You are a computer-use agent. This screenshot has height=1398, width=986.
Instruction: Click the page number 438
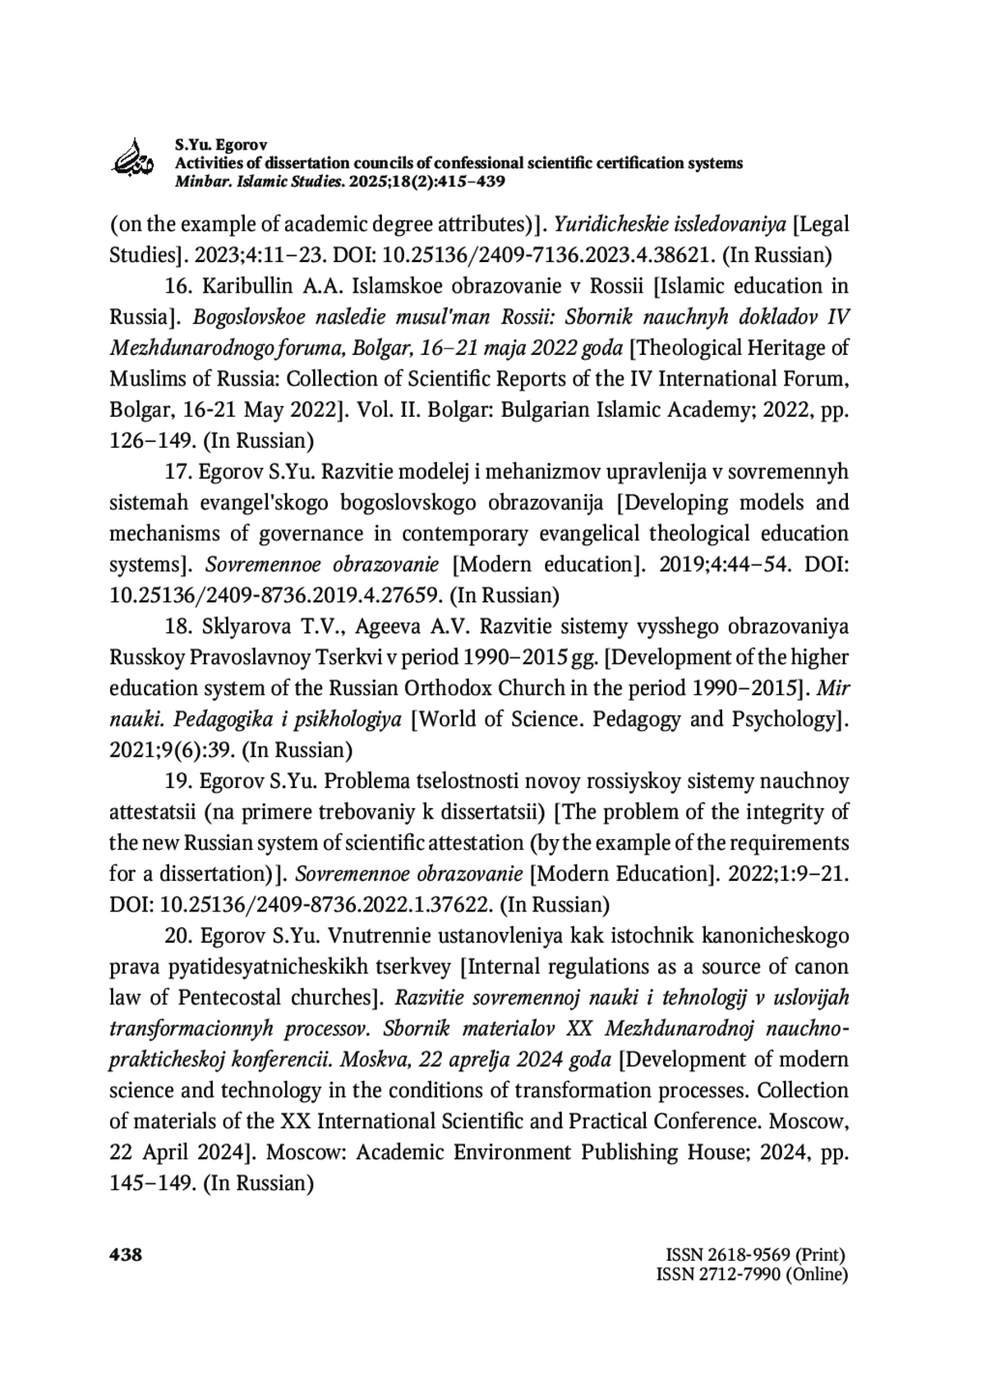pos(126,1255)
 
